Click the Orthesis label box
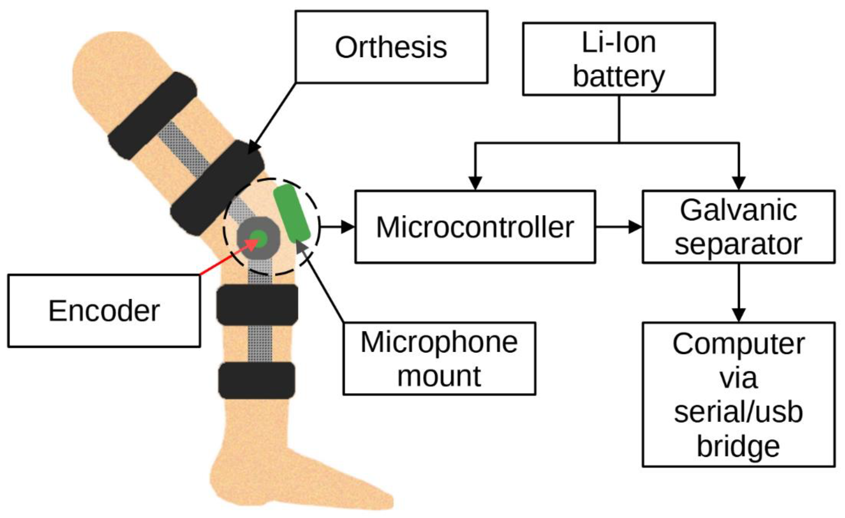(x=391, y=47)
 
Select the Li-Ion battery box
(x=619, y=59)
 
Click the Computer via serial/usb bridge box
(x=738, y=395)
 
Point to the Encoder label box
(x=104, y=311)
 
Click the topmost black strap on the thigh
(x=152, y=116)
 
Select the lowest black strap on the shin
(x=257, y=380)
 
